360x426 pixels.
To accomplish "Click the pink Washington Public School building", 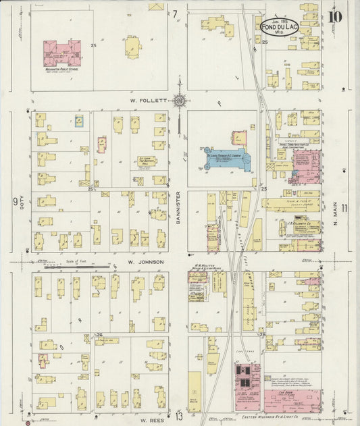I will (62, 53).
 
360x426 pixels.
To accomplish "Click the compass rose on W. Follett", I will (180, 101).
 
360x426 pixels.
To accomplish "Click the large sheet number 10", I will (336, 14).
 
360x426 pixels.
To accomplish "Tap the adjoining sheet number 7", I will (174, 14).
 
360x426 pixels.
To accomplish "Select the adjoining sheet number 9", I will (14, 201).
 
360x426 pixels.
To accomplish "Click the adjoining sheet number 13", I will (178, 416).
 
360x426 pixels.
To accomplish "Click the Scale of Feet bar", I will (72, 267).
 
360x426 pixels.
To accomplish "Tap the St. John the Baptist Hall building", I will (147, 161).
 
